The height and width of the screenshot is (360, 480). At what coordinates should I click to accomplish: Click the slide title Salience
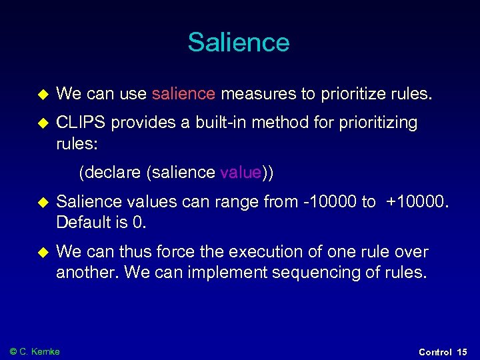point(239,42)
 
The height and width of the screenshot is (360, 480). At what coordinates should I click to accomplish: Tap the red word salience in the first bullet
point(183,95)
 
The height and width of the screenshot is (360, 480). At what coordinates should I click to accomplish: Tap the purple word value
point(240,173)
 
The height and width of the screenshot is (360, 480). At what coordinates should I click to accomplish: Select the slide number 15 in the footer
point(462,352)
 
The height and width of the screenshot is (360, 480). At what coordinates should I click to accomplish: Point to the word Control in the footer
point(435,352)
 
